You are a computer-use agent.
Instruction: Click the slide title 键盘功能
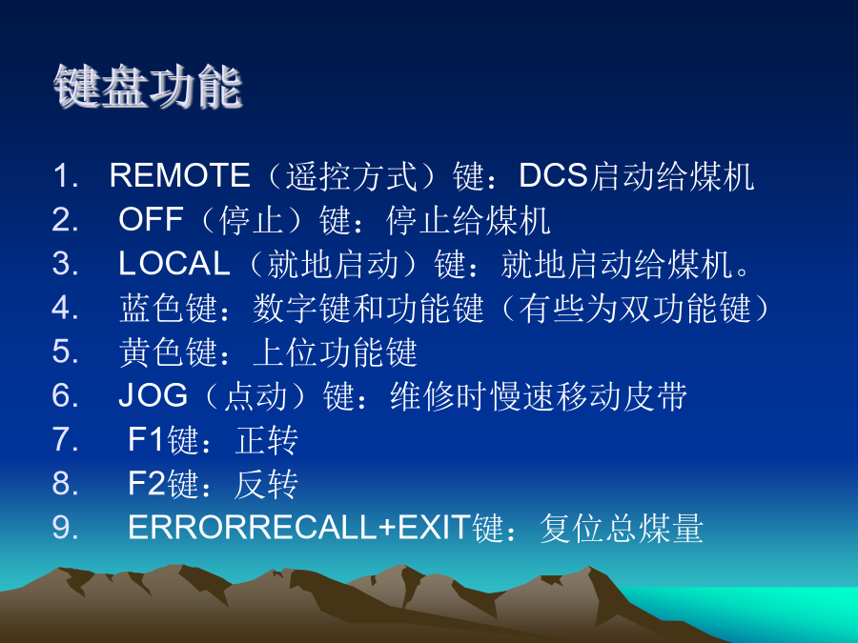(148, 87)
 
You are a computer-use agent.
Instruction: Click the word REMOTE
(180, 175)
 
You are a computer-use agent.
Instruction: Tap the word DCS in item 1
(553, 175)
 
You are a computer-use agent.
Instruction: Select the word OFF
(151, 219)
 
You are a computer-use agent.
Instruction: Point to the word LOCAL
(174, 263)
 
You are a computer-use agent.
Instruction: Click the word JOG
(153, 394)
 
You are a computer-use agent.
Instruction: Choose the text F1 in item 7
(147, 438)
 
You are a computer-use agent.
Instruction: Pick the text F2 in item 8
(147, 483)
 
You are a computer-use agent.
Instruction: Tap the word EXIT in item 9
(435, 527)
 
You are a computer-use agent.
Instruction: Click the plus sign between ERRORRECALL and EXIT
(387, 528)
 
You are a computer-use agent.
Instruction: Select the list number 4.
(65, 308)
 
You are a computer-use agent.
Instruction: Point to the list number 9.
(65, 527)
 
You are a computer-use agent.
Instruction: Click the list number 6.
(65, 394)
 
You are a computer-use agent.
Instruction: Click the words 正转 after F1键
(267, 439)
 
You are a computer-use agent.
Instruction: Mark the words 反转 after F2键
(267, 484)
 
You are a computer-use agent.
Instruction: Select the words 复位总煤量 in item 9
(621, 528)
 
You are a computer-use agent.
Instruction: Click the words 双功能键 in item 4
(685, 308)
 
